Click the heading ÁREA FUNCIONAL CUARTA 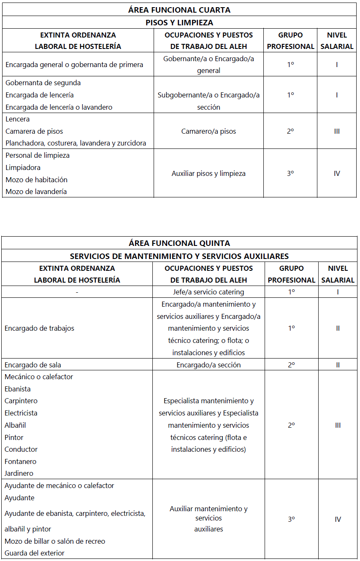[179, 10]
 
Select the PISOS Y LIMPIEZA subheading [179, 22]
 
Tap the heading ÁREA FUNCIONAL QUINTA [179, 243]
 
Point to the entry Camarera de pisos [34, 131]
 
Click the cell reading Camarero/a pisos [208, 131]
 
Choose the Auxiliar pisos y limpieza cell [208, 173]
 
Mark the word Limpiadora [23, 167]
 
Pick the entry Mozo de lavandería [36, 191]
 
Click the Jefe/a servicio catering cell [208, 292]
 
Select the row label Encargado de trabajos [39, 328]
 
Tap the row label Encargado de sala [36, 365]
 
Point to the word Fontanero [21, 461]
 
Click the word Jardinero [19, 473]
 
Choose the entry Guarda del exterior [35, 553]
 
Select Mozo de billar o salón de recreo [55, 541]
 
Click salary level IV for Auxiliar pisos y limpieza [337, 173]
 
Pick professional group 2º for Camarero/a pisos [290, 131]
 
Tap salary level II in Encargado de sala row [338, 365]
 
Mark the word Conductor [21, 449]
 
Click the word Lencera [18, 119]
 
